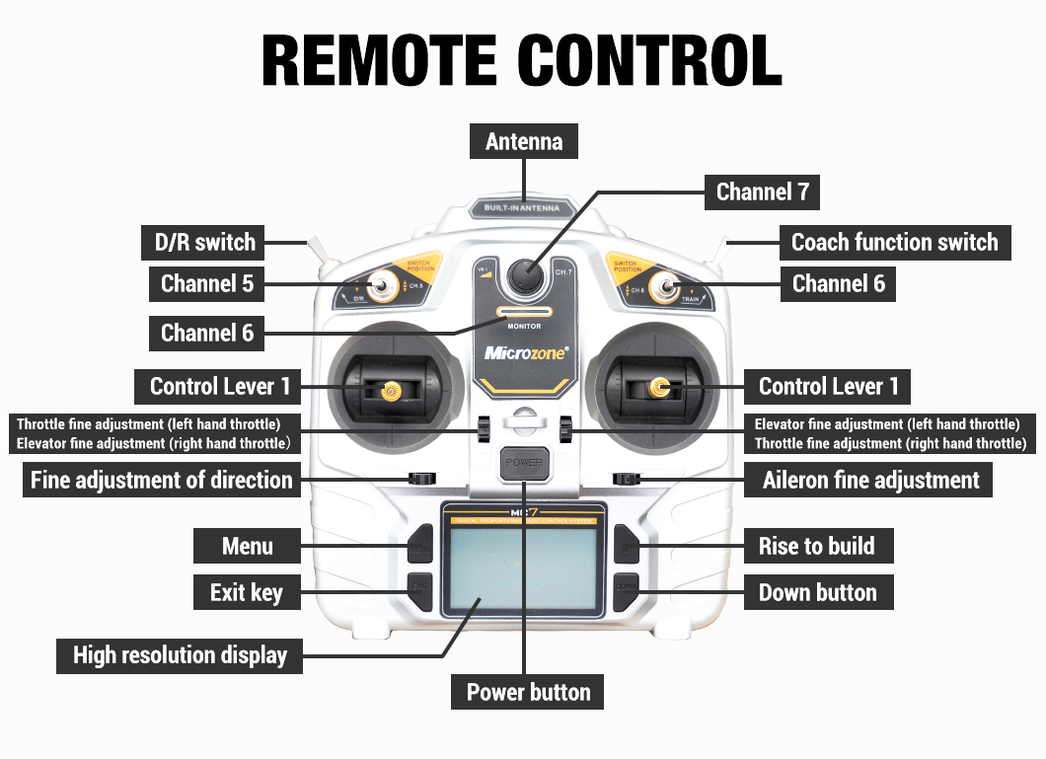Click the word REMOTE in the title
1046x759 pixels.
380,60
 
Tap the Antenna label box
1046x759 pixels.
524,142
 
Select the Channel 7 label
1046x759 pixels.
762,191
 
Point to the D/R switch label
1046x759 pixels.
204,242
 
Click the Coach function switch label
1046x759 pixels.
895,242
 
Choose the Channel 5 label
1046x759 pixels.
207,284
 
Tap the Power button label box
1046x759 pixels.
528,692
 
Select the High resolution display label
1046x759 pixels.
180,655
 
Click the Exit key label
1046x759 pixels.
247,592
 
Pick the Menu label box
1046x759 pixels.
247,546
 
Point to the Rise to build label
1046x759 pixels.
816,546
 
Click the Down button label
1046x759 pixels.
817,592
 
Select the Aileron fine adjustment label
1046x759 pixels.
870,481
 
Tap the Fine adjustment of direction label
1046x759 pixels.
162,481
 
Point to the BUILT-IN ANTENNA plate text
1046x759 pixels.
522,208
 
